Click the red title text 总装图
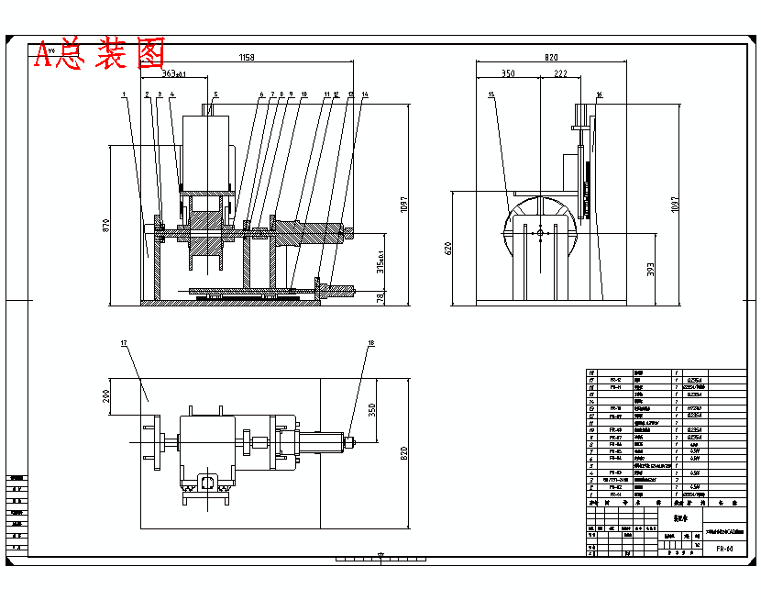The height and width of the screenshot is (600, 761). tap(99, 56)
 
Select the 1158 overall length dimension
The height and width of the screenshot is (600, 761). tap(246, 58)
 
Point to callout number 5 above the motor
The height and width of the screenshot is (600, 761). tap(215, 94)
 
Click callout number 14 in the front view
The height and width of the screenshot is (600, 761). tap(365, 94)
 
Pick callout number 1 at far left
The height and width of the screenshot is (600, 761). tap(123, 94)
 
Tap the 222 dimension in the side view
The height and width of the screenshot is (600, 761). tap(560, 73)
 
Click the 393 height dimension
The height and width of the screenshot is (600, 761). tap(650, 268)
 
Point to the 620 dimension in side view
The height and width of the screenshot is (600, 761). tap(449, 248)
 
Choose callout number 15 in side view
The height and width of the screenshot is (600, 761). tap(491, 94)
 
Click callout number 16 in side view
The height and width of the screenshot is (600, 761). tap(599, 94)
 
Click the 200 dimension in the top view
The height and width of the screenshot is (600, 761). tap(106, 396)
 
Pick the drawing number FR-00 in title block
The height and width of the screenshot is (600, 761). tap(724, 549)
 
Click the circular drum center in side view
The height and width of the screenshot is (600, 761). tap(540, 230)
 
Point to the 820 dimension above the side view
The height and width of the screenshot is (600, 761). tap(550, 58)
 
